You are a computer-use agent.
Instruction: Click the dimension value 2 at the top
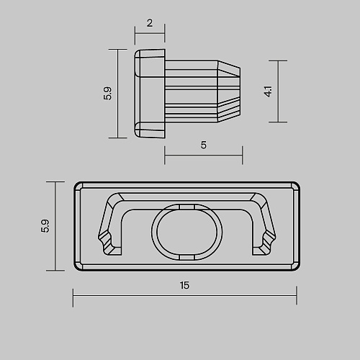click(x=150, y=23)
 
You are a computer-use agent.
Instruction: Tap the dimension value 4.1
click(x=268, y=91)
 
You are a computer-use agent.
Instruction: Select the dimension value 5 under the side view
click(x=204, y=145)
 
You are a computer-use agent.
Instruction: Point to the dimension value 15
click(x=184, y=285)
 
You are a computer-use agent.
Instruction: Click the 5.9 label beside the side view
click(x=107, y=94)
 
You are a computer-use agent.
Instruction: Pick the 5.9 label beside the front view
click(x=45, y=226)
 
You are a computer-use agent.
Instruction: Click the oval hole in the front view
click(x=187, y=232)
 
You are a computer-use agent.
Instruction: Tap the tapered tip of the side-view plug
click(x=229, y=91)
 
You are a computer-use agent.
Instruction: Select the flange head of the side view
click(x=150, y=94)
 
